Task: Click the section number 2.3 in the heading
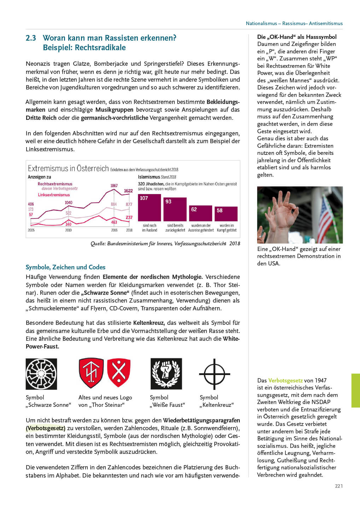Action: (31, 38)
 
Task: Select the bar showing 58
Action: (226, 214)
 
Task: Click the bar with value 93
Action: (175, 209)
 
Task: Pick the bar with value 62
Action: (201, 213)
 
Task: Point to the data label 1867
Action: (114, 186)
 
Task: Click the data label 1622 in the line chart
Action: (128, 191)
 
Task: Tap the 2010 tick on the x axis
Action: (68, 230)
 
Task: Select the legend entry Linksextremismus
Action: (54, 195)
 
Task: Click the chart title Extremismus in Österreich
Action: (68, 169)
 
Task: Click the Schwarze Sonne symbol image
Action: (41, 374)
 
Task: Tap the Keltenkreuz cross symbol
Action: (214, 374)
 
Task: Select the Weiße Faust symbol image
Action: (166, 374)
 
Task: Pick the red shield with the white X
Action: (119, 372)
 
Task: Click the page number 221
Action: (339, 486)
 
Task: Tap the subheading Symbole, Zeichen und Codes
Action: (65, 267)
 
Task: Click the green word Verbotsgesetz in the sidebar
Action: (285, 380)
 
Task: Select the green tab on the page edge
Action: (355, 391)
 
